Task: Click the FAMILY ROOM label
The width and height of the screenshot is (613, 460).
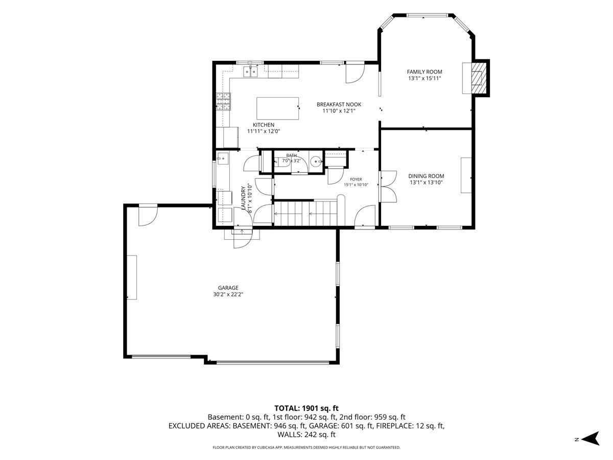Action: [x=424, y=72]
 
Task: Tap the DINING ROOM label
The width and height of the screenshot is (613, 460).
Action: [x=426, y=176]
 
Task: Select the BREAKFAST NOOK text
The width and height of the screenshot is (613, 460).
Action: [x=339, y=104]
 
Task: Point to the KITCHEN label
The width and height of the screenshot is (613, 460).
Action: [x=264, y=125]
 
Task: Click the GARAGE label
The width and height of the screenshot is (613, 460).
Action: [x=228, y=288]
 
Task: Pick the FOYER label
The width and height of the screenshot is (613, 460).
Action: [x=356, y=179]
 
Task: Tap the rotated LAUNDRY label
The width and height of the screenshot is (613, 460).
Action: [x=243, y=198]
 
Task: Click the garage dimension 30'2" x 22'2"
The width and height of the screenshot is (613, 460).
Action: [x=228, y=294]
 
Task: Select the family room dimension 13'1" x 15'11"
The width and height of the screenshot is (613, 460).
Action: [x=425, y=79]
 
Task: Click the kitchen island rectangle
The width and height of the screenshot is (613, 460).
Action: [x=277, y=108]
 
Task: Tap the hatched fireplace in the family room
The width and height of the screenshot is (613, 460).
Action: [x=479, y=78]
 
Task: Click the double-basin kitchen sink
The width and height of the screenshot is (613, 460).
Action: [x=250, y=72]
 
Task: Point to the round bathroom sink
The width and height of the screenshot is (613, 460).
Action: [x=316, y=161]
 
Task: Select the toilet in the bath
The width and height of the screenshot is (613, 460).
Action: [x=281, y=162]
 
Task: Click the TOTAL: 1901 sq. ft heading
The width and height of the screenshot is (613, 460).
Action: [x=306, y=408]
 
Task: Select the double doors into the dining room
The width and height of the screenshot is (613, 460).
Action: [x=388, y=186]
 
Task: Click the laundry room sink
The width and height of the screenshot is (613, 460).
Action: [x=223, y=158]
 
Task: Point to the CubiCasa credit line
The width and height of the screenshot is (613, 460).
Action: [x=306, y=447]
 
